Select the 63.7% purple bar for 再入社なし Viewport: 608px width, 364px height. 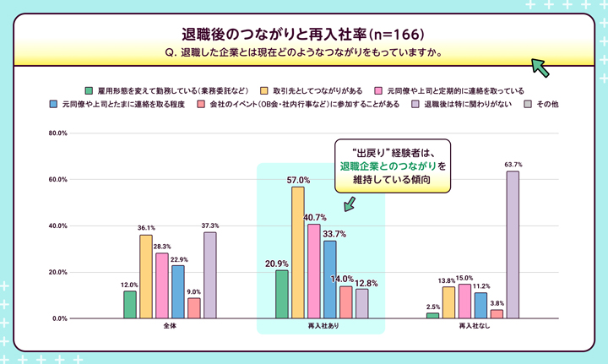513,245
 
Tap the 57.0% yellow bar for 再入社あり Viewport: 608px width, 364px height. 298,253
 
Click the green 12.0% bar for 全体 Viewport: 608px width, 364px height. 130,304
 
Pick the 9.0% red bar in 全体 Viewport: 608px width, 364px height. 194,308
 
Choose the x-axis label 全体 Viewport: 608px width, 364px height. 170,326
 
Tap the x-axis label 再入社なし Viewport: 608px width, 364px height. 472,326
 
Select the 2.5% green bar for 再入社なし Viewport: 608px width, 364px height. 432,315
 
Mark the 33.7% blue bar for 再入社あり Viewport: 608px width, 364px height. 330,280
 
